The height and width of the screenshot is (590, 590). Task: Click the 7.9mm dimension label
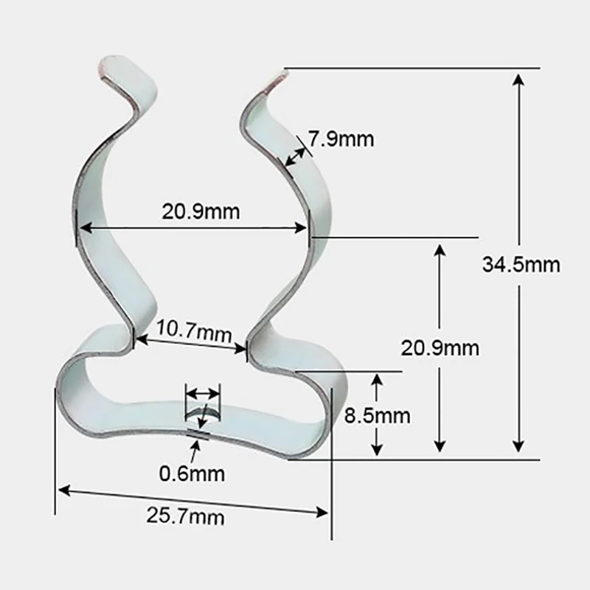(341, 138)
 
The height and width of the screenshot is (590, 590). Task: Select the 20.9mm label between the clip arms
(201, 212)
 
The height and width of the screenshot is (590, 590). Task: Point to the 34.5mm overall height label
(521, 264)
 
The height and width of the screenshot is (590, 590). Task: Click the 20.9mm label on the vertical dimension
(440, 347)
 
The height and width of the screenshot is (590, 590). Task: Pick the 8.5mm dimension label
(377, 415)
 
